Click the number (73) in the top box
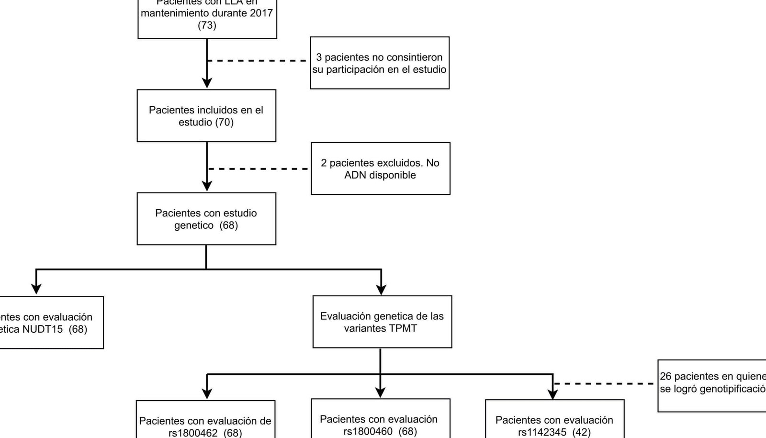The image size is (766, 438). [207, 25]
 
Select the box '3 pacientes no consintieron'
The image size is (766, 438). [379, 63]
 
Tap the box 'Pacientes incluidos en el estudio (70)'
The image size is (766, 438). [206, 116]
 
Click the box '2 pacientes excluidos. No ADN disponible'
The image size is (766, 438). [380, 168]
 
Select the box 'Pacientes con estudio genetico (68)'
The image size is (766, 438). [206, 219]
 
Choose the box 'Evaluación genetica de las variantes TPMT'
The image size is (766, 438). [382, 322]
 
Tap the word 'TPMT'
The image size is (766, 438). [404, 329]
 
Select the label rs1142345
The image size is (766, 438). [542, 432]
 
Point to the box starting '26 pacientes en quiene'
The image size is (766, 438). [712, 385]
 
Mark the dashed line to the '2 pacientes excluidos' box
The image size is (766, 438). [259, 169]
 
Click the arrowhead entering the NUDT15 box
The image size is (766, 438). [36, 289]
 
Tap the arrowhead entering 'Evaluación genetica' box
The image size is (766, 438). [381, 289]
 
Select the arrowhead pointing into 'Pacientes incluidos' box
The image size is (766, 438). [207, 83]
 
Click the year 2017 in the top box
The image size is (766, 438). [261, 13]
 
